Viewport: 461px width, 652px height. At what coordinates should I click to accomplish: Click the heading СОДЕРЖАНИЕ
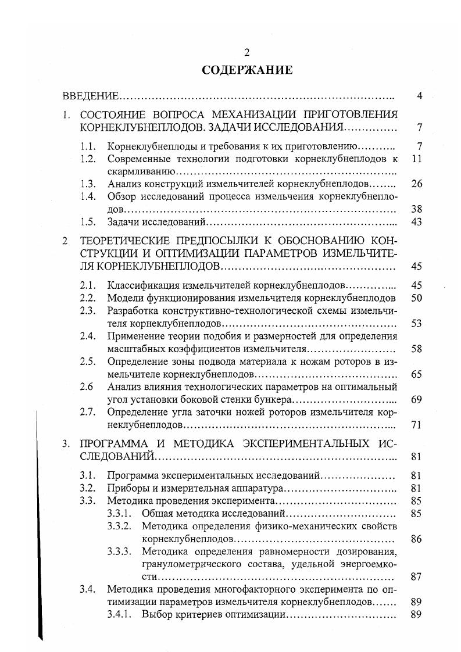pyautogui.click(x=246, y=70)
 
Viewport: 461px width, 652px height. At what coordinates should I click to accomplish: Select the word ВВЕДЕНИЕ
pyautogui.click(x=90, y=96)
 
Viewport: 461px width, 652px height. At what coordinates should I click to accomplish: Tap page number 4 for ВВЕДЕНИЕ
pyautogui.click(x=419, y=96)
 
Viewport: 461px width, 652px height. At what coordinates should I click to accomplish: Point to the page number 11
pyautogui.click(x=416, y=158)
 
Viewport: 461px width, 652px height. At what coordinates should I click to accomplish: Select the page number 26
pyautogui.click(x=416, y=184)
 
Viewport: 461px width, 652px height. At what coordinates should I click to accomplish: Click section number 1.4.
pyautogui.click(x=88, y=196)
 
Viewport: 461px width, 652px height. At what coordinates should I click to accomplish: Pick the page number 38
pyautogui.click(x=416, y=209)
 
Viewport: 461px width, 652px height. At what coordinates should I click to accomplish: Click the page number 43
pyautogui.click(x=416, y=222)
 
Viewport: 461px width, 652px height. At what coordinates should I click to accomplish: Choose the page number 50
pyautogui.click(x=416, y=298)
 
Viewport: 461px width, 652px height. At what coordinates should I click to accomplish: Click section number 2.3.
pyautogui.click(x=88, y=311)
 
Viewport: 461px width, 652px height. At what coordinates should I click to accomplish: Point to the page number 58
pyautogui.click(x=416, y=349)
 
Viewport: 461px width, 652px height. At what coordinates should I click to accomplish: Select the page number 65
pyautogui.click(x=416, y=374)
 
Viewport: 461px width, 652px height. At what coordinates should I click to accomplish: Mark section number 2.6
pyautogui.click(x=87, y=387)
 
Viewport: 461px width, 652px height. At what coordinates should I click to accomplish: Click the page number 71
pyautogui.click(x=416, y=425)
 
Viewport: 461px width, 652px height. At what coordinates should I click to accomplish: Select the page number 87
pyautogui.click(x=416, y=577)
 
